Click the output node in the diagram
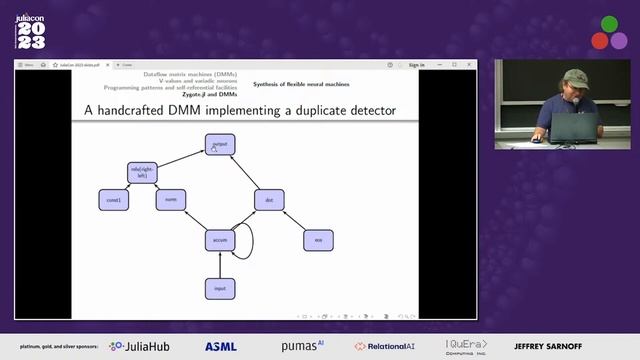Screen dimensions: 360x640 click(x=220, y=145)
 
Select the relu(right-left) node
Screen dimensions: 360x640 click(x=145, y=173)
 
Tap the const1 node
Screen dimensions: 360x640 click(x=114, y=200)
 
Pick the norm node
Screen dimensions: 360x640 click(x=171, y=200)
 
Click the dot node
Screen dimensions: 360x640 click(x=269, y=200)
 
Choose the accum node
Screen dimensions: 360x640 click(x=219, y=240)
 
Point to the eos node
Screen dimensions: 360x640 click(x=318, y=240)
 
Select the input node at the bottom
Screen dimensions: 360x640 click(x=219, y=288)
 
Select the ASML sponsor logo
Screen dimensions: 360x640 click(x=220, y=346)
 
